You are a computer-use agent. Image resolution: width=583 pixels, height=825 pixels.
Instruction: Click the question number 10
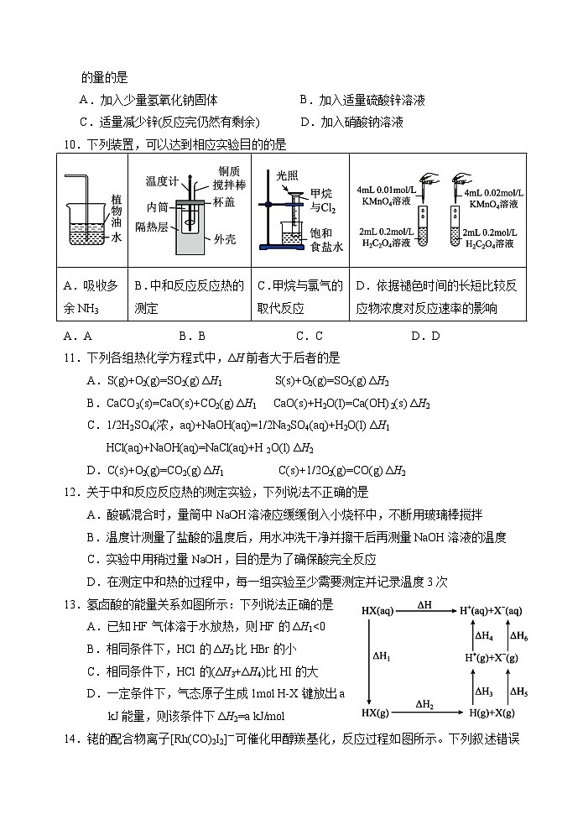coord(72,144)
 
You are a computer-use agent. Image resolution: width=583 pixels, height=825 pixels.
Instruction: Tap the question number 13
coord(72,604)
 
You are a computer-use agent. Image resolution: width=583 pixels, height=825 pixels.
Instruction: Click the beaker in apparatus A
coord(86,222)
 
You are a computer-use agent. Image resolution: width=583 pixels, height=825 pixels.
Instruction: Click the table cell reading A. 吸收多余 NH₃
coord(95,297)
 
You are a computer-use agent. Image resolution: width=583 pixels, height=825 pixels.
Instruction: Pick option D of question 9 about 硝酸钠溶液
coord(351,122)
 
